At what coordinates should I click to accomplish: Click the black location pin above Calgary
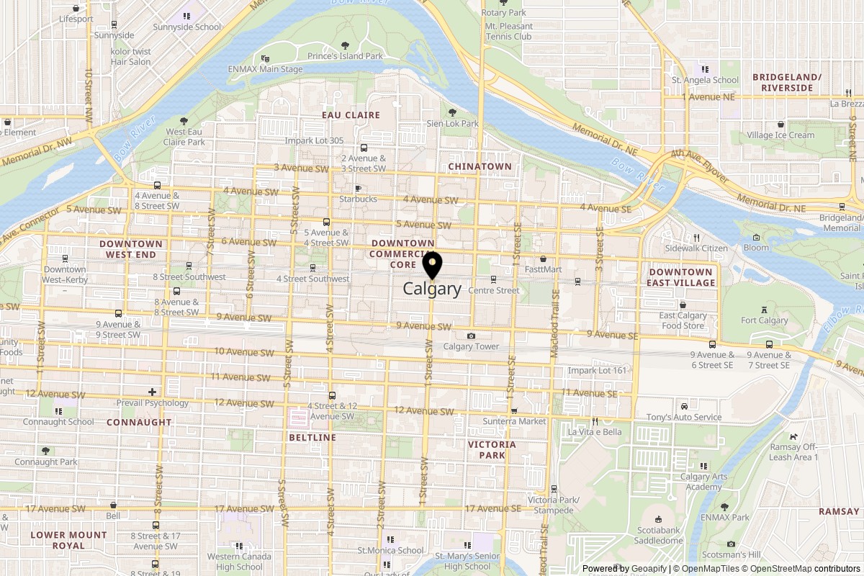tap(432, 265)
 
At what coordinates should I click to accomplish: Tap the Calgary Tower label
tap(471, 346)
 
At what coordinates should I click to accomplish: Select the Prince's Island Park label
tap(345, 56)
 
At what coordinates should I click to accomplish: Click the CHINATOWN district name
tap(480, 166)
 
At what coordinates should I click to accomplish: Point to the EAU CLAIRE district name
tap(351, 115)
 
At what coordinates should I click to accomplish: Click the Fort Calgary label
tap(764, 320)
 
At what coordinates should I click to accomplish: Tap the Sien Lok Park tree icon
tap(452, 112)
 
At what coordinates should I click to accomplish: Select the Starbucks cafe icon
tap(358, 187)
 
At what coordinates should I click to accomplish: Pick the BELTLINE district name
tap(310, 437)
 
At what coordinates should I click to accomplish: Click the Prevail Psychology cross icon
tap(152, 392)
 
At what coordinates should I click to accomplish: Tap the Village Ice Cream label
tap(780, 135)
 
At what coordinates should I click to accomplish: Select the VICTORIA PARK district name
tap(492, 449)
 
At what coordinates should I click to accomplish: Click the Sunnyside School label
tap(186, 27)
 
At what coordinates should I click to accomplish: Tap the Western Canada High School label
tap(240, 561)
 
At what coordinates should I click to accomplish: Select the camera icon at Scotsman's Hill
tap(732, 544)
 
